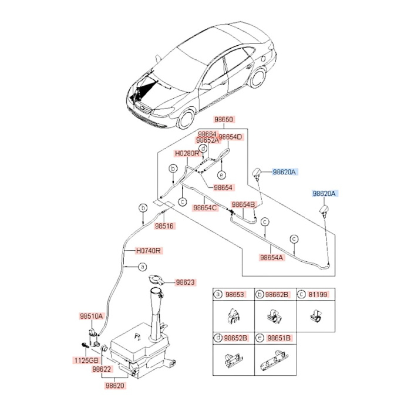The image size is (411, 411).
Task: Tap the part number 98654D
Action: click(x=230, y=136)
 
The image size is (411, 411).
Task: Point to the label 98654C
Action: click(x=206, y=207)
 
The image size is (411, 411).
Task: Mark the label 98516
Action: click(x=165, y=225)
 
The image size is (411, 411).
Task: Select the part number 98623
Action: click(x=184, y=282)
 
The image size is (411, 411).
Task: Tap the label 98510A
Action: click(x=92, y=316)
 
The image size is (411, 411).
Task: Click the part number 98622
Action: click(x=100, y=369)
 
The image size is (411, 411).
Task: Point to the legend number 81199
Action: click(x=318, y=295)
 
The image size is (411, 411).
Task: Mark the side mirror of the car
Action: click(x=206, y=87)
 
